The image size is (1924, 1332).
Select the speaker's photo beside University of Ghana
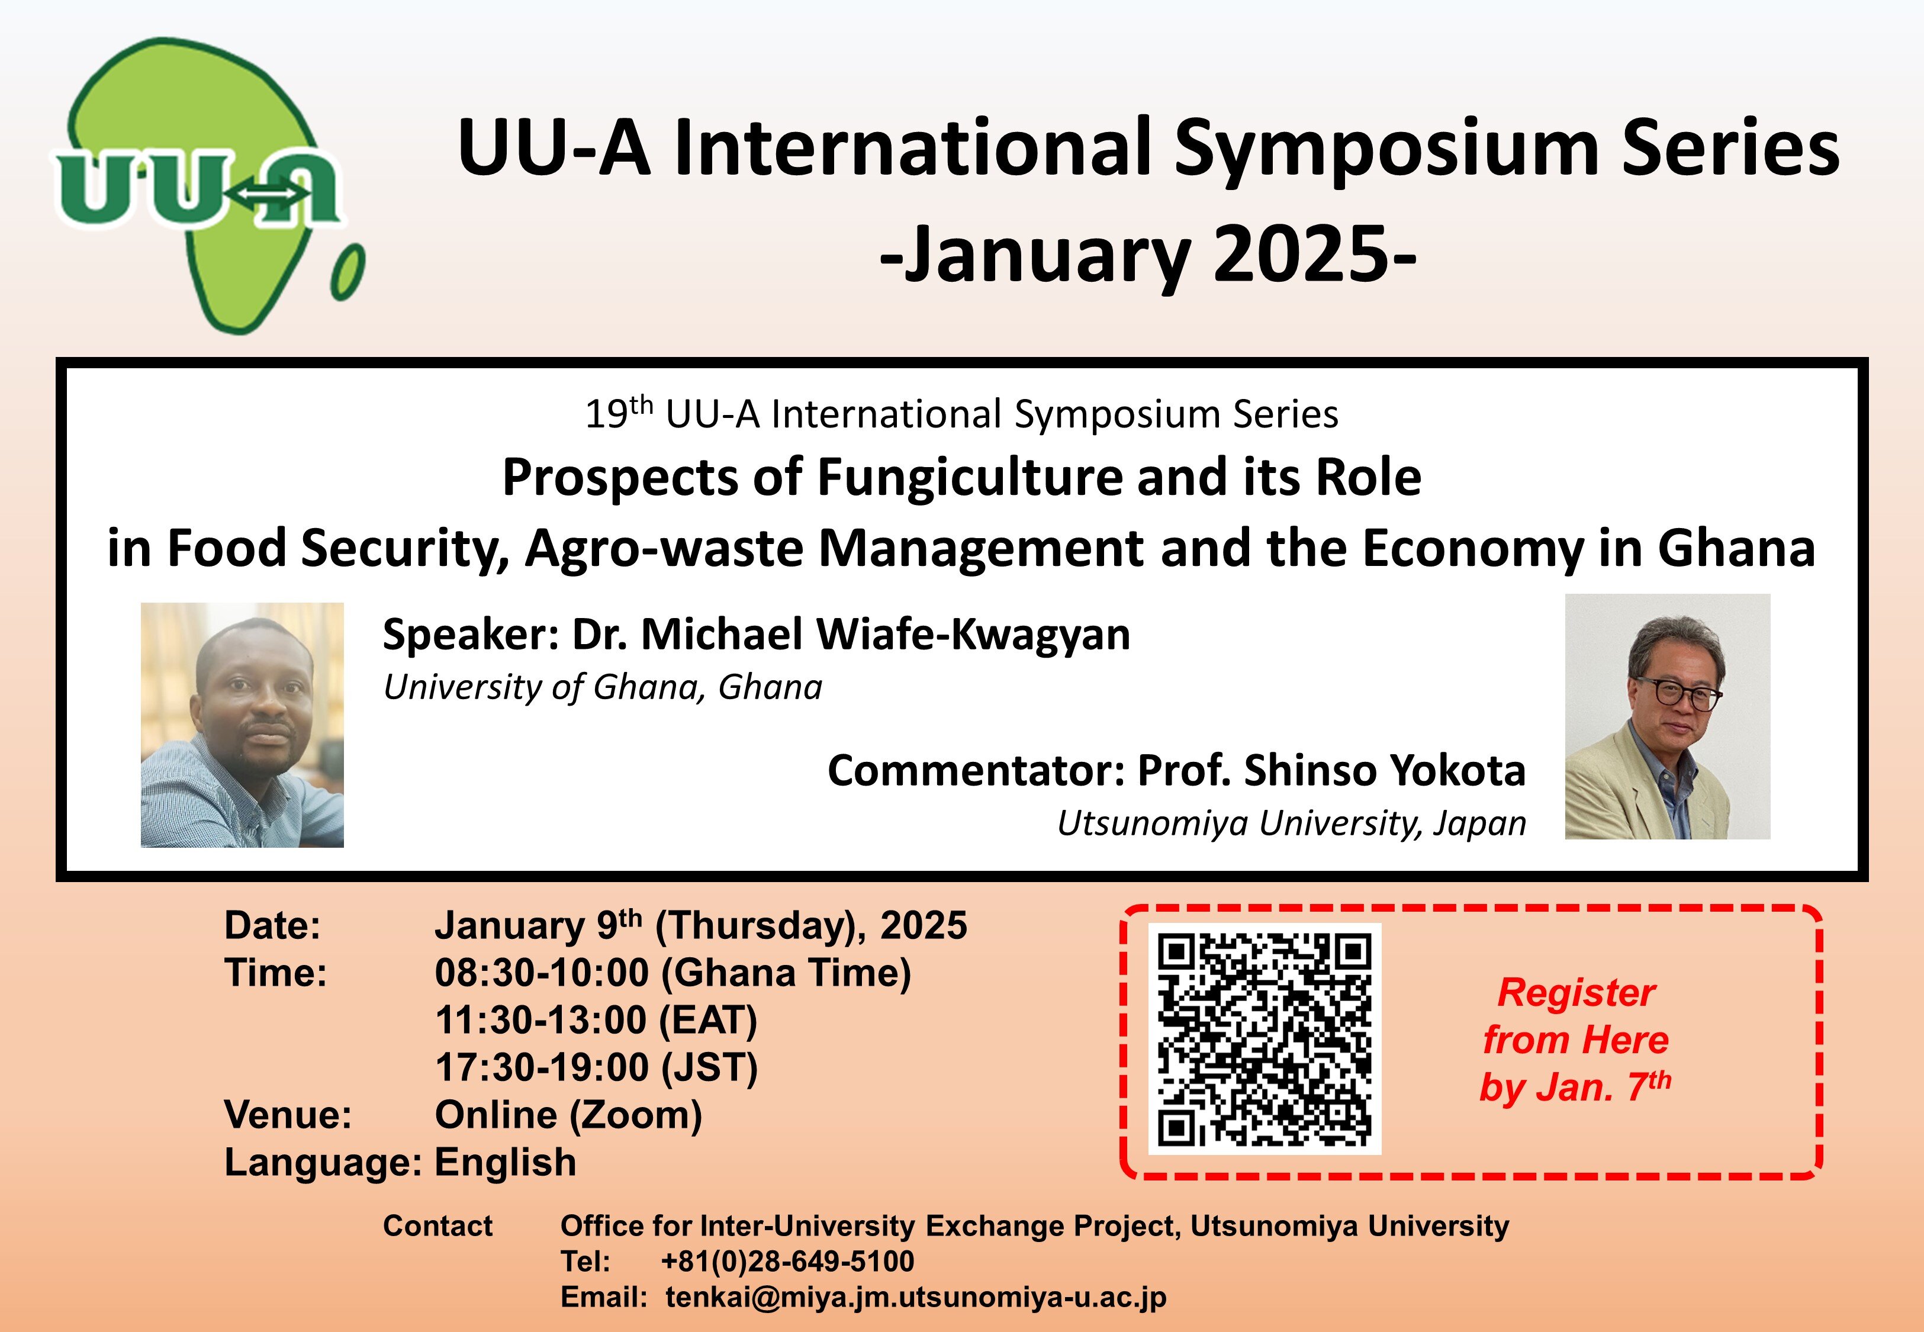[x=242, y=725]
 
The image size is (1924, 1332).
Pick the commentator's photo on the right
[x=1667, y=716]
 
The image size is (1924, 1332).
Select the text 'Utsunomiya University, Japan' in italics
[x=1292, y=823]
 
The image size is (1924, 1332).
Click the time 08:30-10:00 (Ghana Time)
[x=673, y=973]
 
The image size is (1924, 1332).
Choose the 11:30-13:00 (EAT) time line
[x=596, y=1020]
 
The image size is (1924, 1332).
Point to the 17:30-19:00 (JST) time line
[x=596, y=1067]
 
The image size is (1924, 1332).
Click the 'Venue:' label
[x=288, y=1115]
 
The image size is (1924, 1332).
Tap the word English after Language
[x=506, y=1163]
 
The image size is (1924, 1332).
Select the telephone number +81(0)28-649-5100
[x=787, y=1261]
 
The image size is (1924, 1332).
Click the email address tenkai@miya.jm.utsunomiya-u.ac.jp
[x=915, y=1298]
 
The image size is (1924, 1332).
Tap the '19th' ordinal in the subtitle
[x=618, y=413]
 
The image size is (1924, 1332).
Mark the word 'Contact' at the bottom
[x=438, y=1226]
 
